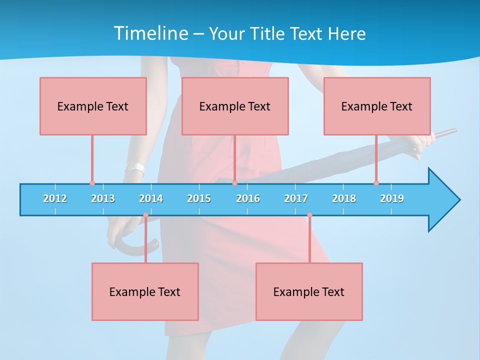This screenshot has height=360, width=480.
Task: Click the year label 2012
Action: point(55,198)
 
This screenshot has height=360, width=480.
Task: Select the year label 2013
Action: point(103,198)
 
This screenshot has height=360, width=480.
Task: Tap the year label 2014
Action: point(151,198)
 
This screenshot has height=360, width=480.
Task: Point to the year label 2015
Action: point(199,198)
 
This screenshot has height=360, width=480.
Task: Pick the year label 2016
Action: point(248,198)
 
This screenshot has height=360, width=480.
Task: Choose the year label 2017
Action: point(296,198)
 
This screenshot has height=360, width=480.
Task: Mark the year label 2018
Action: point(344,198)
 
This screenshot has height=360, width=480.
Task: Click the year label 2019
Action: point(392,198)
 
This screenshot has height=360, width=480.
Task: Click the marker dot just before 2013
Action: point(92,183)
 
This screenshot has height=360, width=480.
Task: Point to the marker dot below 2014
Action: point(145,215)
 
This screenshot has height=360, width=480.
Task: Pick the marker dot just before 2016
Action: point(234,183)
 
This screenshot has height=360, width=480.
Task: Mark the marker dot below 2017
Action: point(309,215)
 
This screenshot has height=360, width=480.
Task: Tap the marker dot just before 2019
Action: point(376,183)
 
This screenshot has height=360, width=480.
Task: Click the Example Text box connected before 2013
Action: point(93,106)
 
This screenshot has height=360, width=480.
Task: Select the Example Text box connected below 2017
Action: point(309,291)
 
